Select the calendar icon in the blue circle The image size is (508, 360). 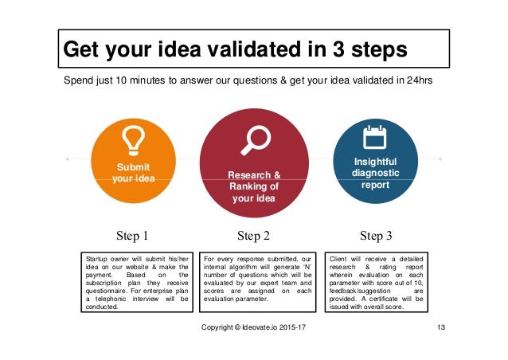click(374, 139)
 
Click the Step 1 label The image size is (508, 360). click(133, 236)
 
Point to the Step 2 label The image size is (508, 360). click(254, 236)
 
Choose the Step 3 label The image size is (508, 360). click(376, 236)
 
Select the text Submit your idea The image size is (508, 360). click(133, 173)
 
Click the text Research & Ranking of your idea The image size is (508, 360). click(254, 186)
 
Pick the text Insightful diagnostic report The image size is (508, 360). click(375, 173)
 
